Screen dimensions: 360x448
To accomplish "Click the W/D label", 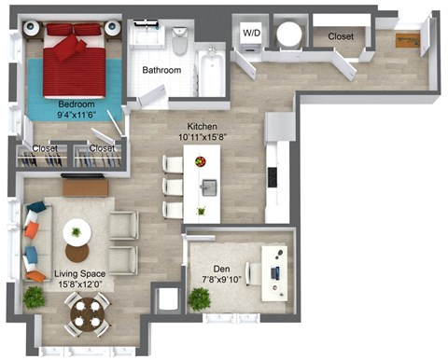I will click(251, 34).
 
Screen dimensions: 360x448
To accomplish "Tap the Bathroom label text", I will click(161, 70).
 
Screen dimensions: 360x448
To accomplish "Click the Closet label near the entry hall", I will click(340, 37).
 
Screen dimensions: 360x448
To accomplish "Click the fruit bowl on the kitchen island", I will click(200, 161).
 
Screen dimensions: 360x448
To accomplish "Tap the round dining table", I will click(88, 313).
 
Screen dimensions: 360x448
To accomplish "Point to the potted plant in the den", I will click(200, 298).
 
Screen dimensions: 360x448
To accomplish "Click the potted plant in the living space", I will click(34, 298).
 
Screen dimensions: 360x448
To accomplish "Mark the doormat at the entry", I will click(407, 39).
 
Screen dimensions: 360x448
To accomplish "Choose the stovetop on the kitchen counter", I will click(273, 175).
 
